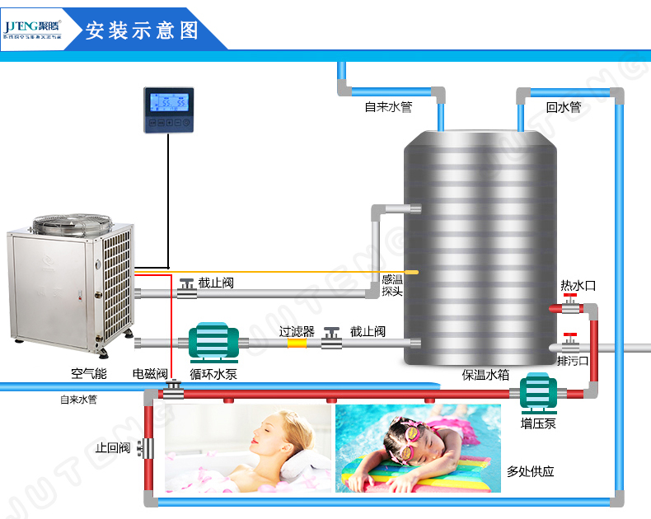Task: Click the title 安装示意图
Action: coord(142,30)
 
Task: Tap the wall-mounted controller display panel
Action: coord(169,110)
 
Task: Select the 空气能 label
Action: coord(88,374)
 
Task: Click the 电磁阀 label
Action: coord(151,374)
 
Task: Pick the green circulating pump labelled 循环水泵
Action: coord(213,340)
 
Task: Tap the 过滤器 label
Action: coord(297,331)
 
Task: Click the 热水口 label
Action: coord(578,286)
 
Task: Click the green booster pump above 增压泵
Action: coord(538,394)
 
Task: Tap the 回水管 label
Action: coord(563,107)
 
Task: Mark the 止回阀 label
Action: coord(113,448)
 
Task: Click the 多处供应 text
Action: coord(530,472)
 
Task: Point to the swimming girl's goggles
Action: coord(405,435)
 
